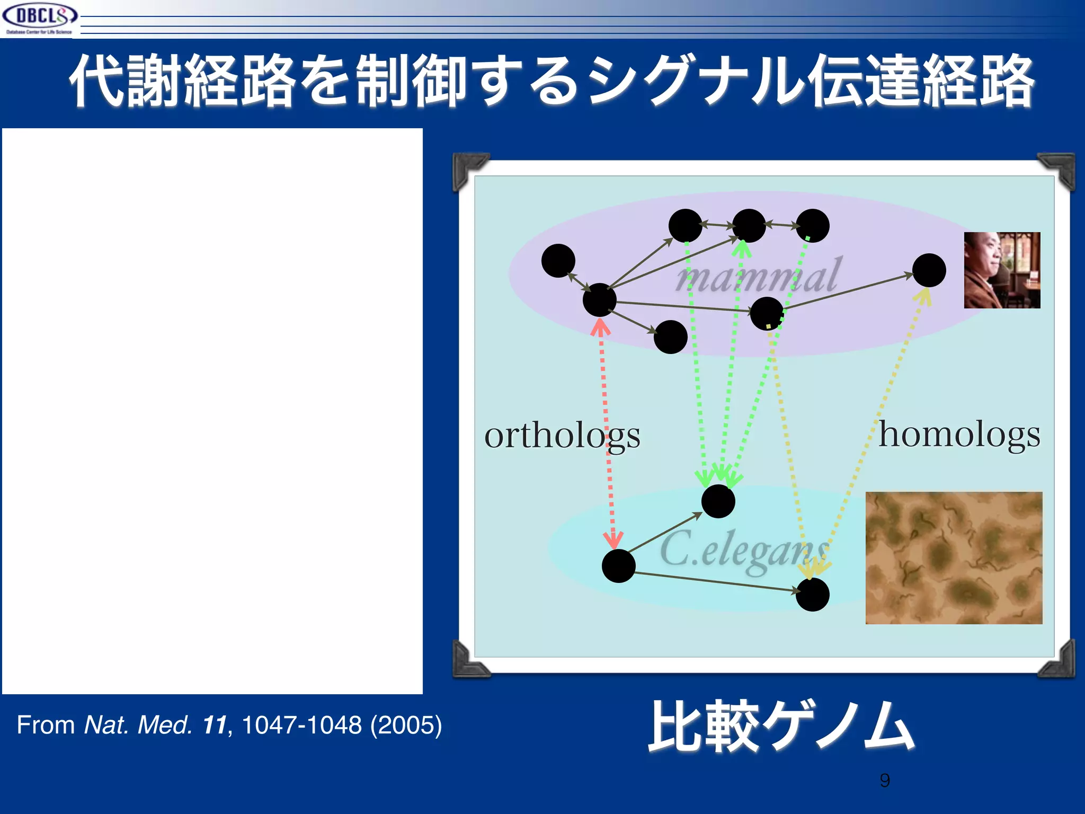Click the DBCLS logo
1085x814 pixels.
tap(39, 18)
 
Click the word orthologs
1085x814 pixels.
tap(562, 436)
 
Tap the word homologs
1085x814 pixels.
tap(959, 435)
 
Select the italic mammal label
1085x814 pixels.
tap(758, 276)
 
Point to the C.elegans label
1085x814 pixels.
tap(744, 551)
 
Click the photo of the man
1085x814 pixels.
tap(1002, 270)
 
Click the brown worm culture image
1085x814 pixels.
tap(954, 558)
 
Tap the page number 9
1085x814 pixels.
tap(885, 780)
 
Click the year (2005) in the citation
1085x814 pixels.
tap(406, 725)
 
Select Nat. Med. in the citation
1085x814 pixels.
tap(138, 725)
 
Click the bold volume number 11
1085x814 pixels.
tap(215, 725)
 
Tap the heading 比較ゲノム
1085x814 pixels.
tap(781, 726)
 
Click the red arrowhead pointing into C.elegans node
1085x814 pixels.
tap(613, 541)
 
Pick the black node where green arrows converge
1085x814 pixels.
tap(718, 501)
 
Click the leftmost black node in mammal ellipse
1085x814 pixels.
tap(558, 261)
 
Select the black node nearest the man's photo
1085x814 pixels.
tap(929, 270)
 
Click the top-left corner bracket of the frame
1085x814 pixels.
tap(468, 170)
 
